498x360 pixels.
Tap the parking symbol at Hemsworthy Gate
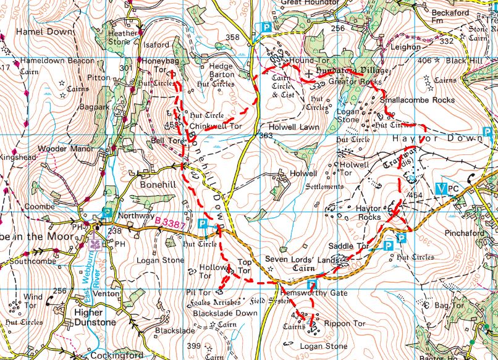312,285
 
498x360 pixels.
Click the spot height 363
266,136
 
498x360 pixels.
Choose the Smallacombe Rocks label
417,100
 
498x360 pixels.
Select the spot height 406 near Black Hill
424,61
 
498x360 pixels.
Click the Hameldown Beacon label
57,61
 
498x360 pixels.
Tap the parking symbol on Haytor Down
487,132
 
